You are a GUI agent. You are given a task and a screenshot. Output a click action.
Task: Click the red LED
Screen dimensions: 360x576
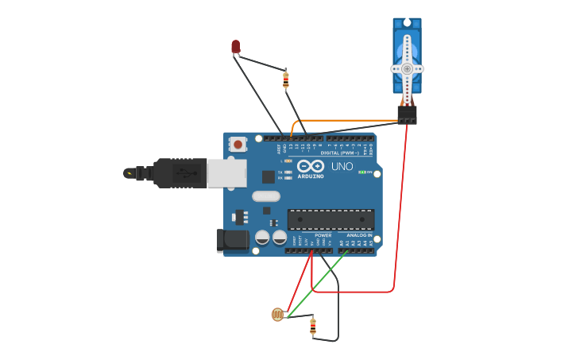(x=235, y=47)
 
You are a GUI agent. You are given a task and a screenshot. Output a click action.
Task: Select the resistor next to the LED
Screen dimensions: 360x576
(x=286, y=79)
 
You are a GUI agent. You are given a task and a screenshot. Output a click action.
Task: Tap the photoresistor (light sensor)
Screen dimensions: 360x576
(x=277, y=315)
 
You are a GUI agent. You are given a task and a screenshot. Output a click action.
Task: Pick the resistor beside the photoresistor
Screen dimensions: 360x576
(x=313, y=325)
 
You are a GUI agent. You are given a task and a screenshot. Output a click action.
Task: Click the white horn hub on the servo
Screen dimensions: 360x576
(x=407, y=68)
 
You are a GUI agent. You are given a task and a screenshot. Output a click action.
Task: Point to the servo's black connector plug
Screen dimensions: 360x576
(x=407, y=115)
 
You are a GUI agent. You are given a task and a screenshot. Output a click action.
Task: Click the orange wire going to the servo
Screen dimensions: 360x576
(x=350, y=121)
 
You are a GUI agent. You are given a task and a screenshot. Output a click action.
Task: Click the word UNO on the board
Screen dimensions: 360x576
(x=342, y=167)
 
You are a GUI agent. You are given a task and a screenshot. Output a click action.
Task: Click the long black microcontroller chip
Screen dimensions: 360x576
(x=331, y=219)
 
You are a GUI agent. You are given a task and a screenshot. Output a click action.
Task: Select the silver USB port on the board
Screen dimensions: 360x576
(x=226, y=173)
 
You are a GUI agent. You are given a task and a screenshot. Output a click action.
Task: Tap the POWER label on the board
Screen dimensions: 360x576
(x=323, y=235)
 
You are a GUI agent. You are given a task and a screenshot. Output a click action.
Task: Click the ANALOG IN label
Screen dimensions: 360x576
(x=359, y=235)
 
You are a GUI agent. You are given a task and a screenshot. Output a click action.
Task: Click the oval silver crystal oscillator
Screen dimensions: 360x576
(x=266, y=196)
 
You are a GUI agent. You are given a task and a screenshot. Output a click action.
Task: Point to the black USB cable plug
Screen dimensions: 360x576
(x=180, y=172)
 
